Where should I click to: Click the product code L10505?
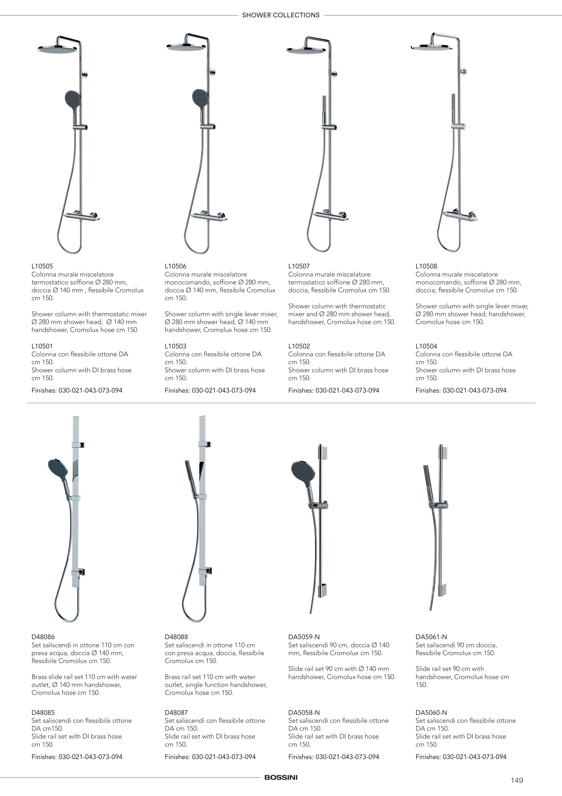coord(42,266)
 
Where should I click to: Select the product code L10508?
coord(426,266)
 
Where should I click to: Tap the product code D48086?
coord(43,637)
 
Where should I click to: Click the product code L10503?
coord(176,346)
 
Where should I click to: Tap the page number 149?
coord(517,780)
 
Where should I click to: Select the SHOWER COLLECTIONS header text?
coord(281,15)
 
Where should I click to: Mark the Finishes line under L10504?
coord(461,390)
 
